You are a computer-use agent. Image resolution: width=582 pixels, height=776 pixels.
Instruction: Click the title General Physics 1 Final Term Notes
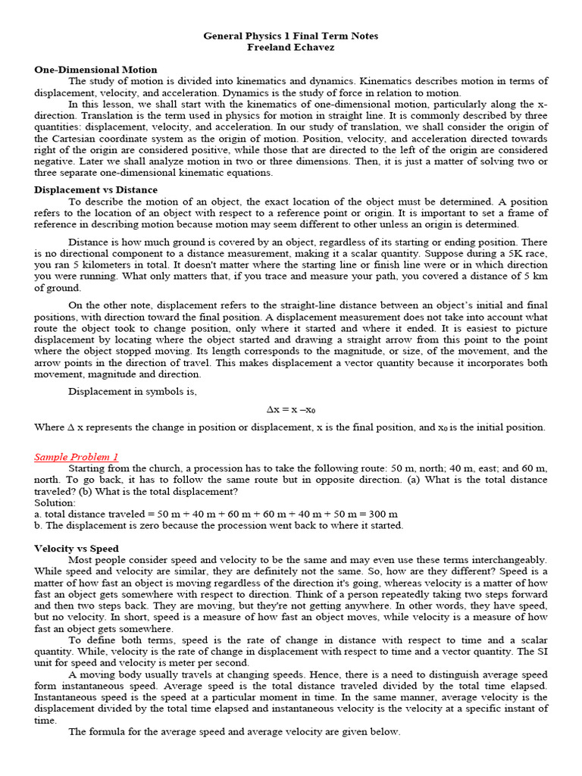(291, 36)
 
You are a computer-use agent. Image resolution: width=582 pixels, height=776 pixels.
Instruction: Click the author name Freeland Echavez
(291, 47)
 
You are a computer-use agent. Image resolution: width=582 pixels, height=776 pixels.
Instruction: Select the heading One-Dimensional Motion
(95, 70)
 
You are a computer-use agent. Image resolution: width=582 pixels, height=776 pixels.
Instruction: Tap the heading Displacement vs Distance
(95, 189)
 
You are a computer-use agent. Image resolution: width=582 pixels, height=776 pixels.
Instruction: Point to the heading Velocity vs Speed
(76, 548)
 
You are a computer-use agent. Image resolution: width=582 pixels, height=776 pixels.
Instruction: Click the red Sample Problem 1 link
(76, 457)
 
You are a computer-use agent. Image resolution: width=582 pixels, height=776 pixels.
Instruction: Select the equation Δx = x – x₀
(290, 409)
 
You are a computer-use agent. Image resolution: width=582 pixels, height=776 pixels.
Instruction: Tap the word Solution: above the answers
(55, 502)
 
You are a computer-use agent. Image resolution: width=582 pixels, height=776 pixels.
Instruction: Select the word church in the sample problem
(167, 468)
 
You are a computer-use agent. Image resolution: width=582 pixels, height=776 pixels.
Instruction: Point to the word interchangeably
(506, 559)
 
